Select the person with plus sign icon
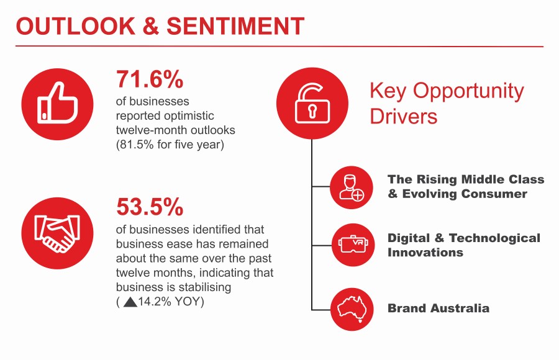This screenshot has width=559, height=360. coord(352,186)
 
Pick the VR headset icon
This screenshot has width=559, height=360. coord(352,245)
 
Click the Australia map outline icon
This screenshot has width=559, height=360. coord(352,308)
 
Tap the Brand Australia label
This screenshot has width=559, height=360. coord(438,308)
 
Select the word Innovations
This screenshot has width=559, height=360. coord(425,253)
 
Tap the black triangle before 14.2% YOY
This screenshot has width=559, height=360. coord(130,302)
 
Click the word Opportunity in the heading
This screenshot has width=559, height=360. coord(468,91)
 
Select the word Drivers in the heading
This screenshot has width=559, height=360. coord(404,116)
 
